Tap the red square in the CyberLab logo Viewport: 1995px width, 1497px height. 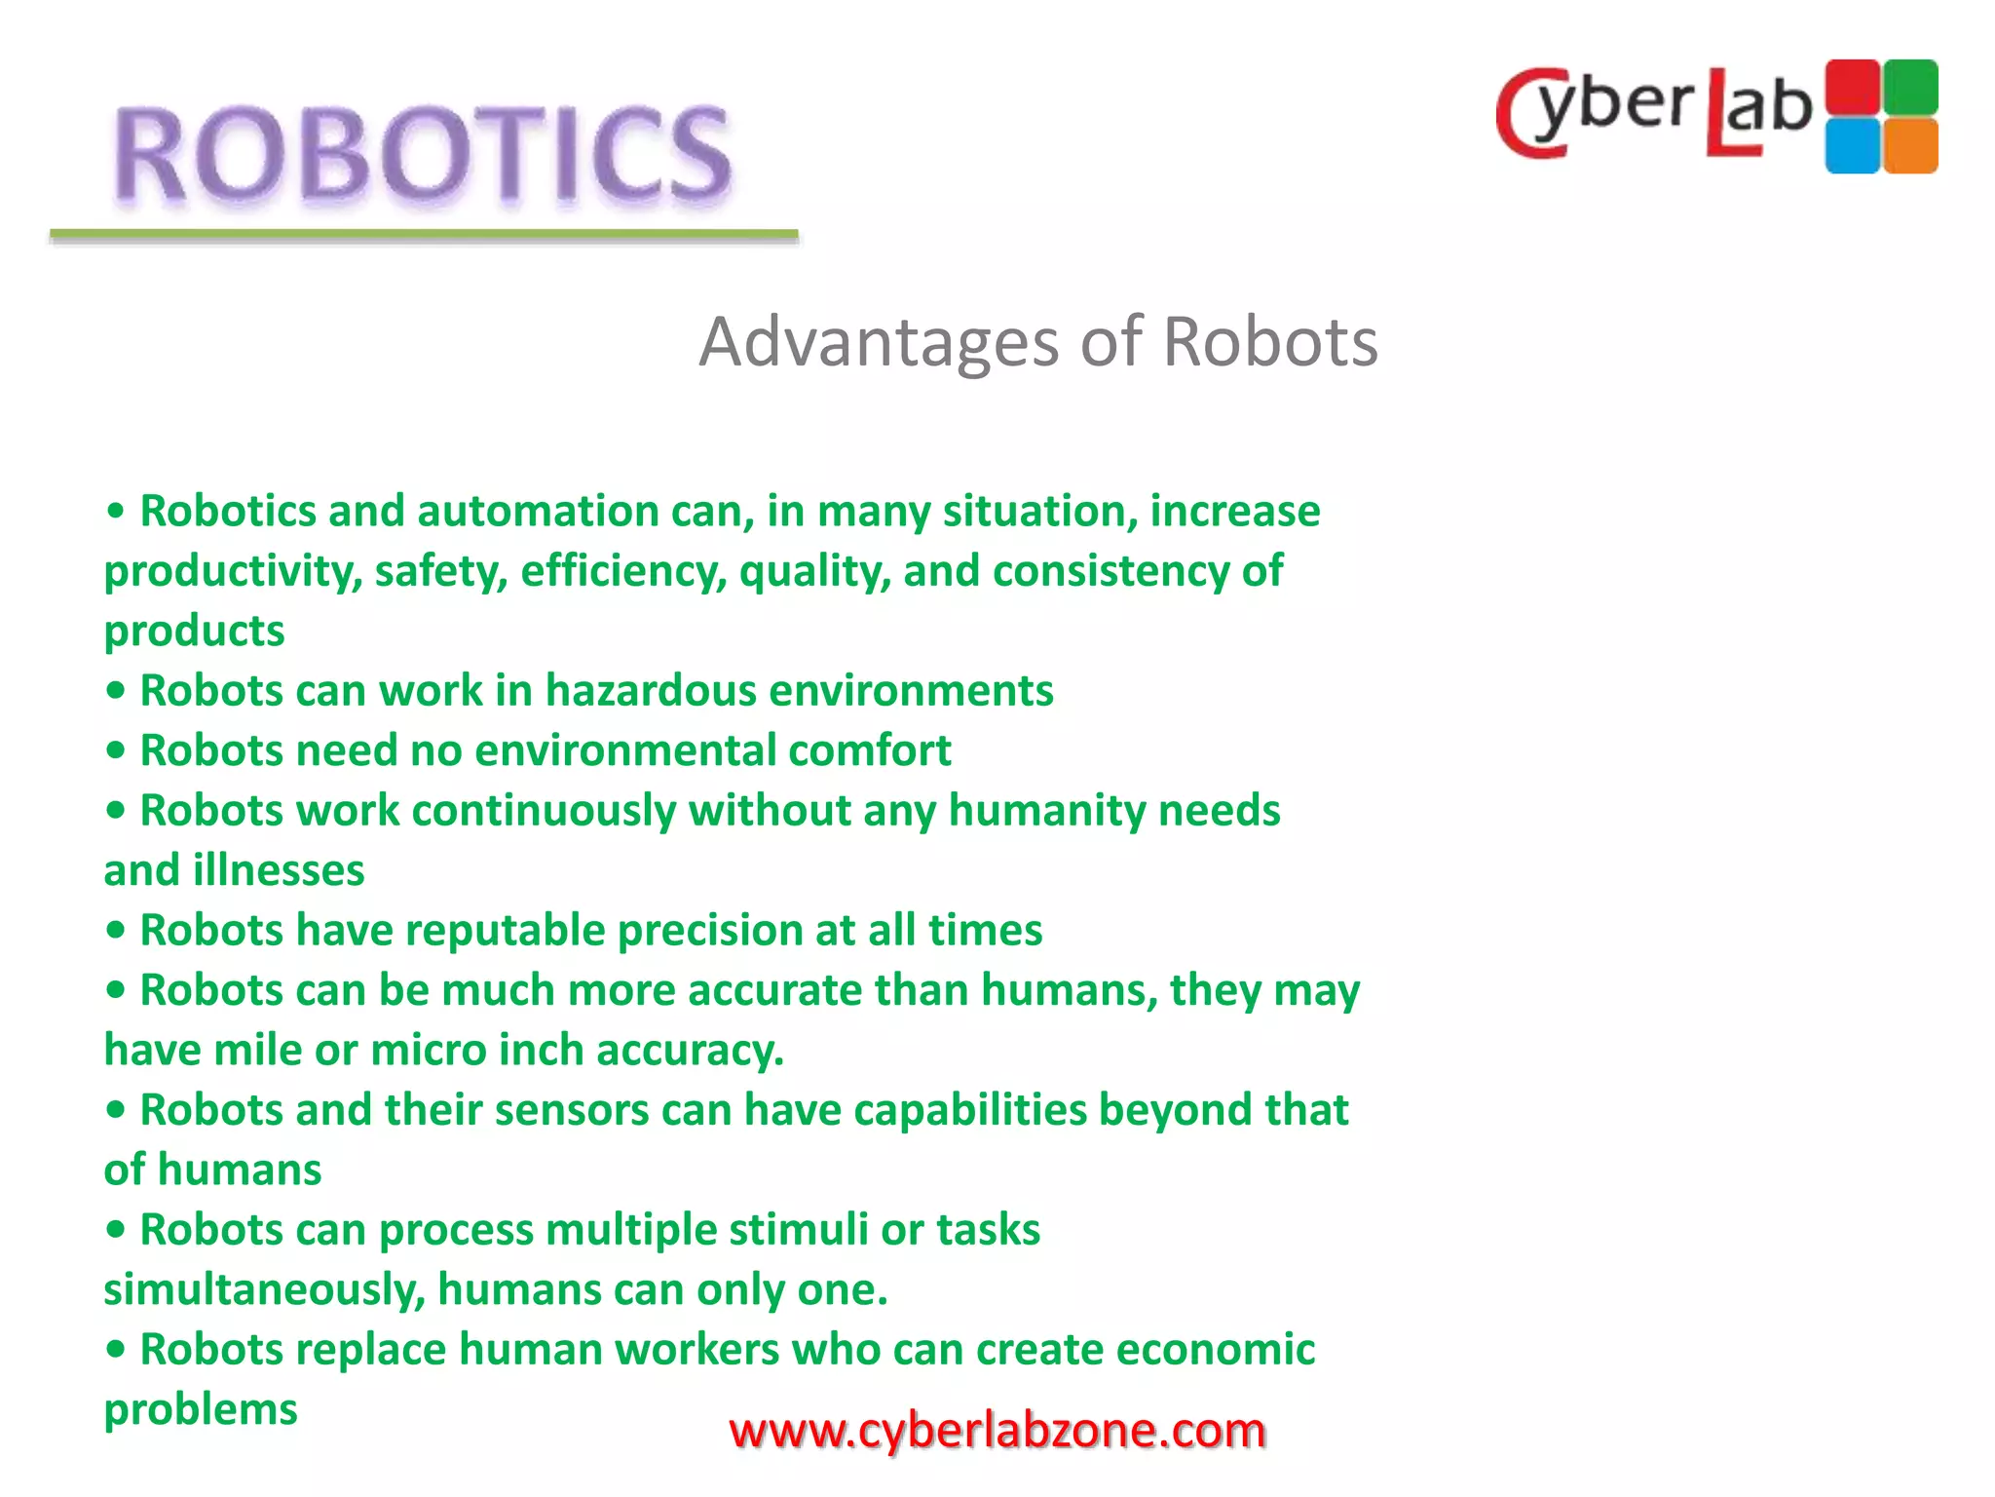[1852, 87]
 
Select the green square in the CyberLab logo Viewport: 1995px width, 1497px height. [1910, 87]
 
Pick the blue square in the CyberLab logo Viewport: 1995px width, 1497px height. [1852, 146]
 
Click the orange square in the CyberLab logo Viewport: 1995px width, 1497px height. [1910, 146]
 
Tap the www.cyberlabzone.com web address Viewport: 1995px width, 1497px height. [997, 1430]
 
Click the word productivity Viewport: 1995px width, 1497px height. [232, 572]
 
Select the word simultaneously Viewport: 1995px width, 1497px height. [264, 1290]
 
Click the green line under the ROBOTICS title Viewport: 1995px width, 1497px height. [424, 235]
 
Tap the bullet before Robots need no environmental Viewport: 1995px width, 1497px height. [116, 751]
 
